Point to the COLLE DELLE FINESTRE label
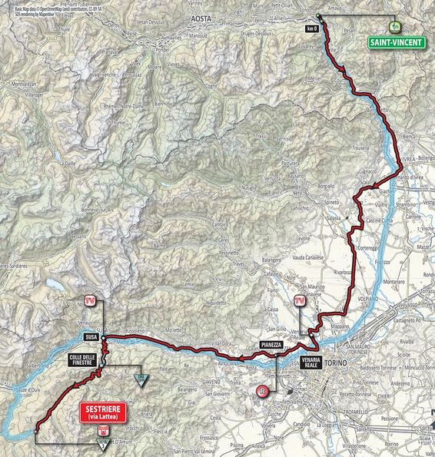tap(80, 359)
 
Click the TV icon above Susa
tap(91, 300)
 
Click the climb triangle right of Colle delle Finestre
tap(140, 379)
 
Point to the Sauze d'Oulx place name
tap(32, 392)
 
